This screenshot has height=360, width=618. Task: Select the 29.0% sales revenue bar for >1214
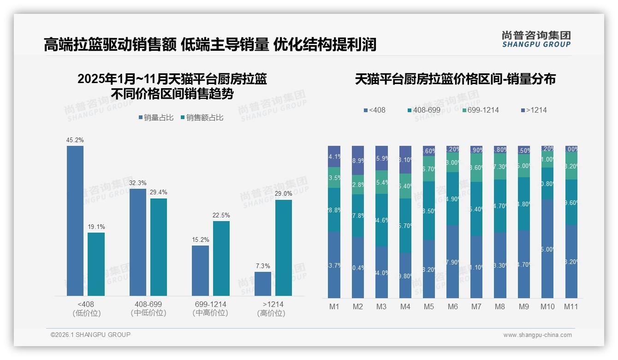[284, 247]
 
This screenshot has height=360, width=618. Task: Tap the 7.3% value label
[263, 266]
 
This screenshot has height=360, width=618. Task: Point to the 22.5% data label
[221, 216]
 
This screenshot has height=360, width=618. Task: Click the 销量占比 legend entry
[155, 118]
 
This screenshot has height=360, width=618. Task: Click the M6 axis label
[452, 306]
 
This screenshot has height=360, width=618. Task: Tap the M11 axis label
[571, 306]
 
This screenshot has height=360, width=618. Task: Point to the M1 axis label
[334, 306]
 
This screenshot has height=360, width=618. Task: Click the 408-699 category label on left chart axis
[148, 305]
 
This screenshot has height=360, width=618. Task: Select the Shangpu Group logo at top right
[536, 39]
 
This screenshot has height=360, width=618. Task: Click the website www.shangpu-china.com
[537, 335]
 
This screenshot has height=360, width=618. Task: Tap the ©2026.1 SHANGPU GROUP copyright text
[90, 335]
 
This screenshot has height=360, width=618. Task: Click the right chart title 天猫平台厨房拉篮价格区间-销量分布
[455, 79]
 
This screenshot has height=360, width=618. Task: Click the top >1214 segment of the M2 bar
[357, 160]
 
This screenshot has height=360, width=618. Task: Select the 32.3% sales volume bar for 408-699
[138, 242]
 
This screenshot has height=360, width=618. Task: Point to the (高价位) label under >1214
[271, 313]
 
